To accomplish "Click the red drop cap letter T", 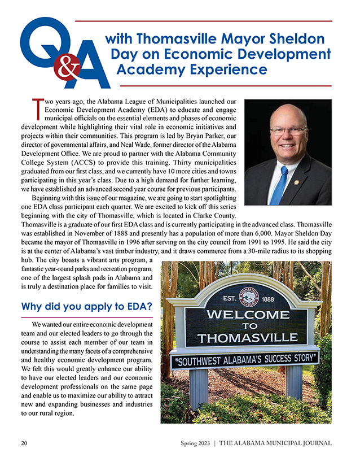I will pyautogui.click(x=38, y=108).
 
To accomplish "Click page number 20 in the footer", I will pyautogui.click(x=25, y=443).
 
